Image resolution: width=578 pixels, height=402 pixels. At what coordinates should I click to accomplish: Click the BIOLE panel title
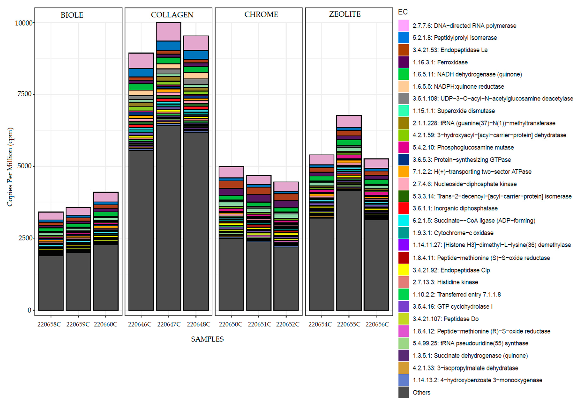72,15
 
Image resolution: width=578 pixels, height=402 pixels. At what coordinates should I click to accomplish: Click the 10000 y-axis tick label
24,23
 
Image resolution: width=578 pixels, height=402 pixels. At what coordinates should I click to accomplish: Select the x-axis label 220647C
169,324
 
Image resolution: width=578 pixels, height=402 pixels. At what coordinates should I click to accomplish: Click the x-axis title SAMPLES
207,339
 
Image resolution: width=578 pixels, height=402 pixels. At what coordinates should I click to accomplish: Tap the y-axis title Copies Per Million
10,167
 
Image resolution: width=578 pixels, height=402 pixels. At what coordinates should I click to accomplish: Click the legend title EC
403,12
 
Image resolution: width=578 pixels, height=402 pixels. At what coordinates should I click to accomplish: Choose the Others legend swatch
404,392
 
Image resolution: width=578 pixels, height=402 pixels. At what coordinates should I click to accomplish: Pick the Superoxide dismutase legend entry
453,111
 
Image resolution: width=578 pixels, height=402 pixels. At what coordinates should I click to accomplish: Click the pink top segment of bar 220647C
168,32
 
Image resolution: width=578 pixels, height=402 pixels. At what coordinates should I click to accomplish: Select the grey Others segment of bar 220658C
51,283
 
